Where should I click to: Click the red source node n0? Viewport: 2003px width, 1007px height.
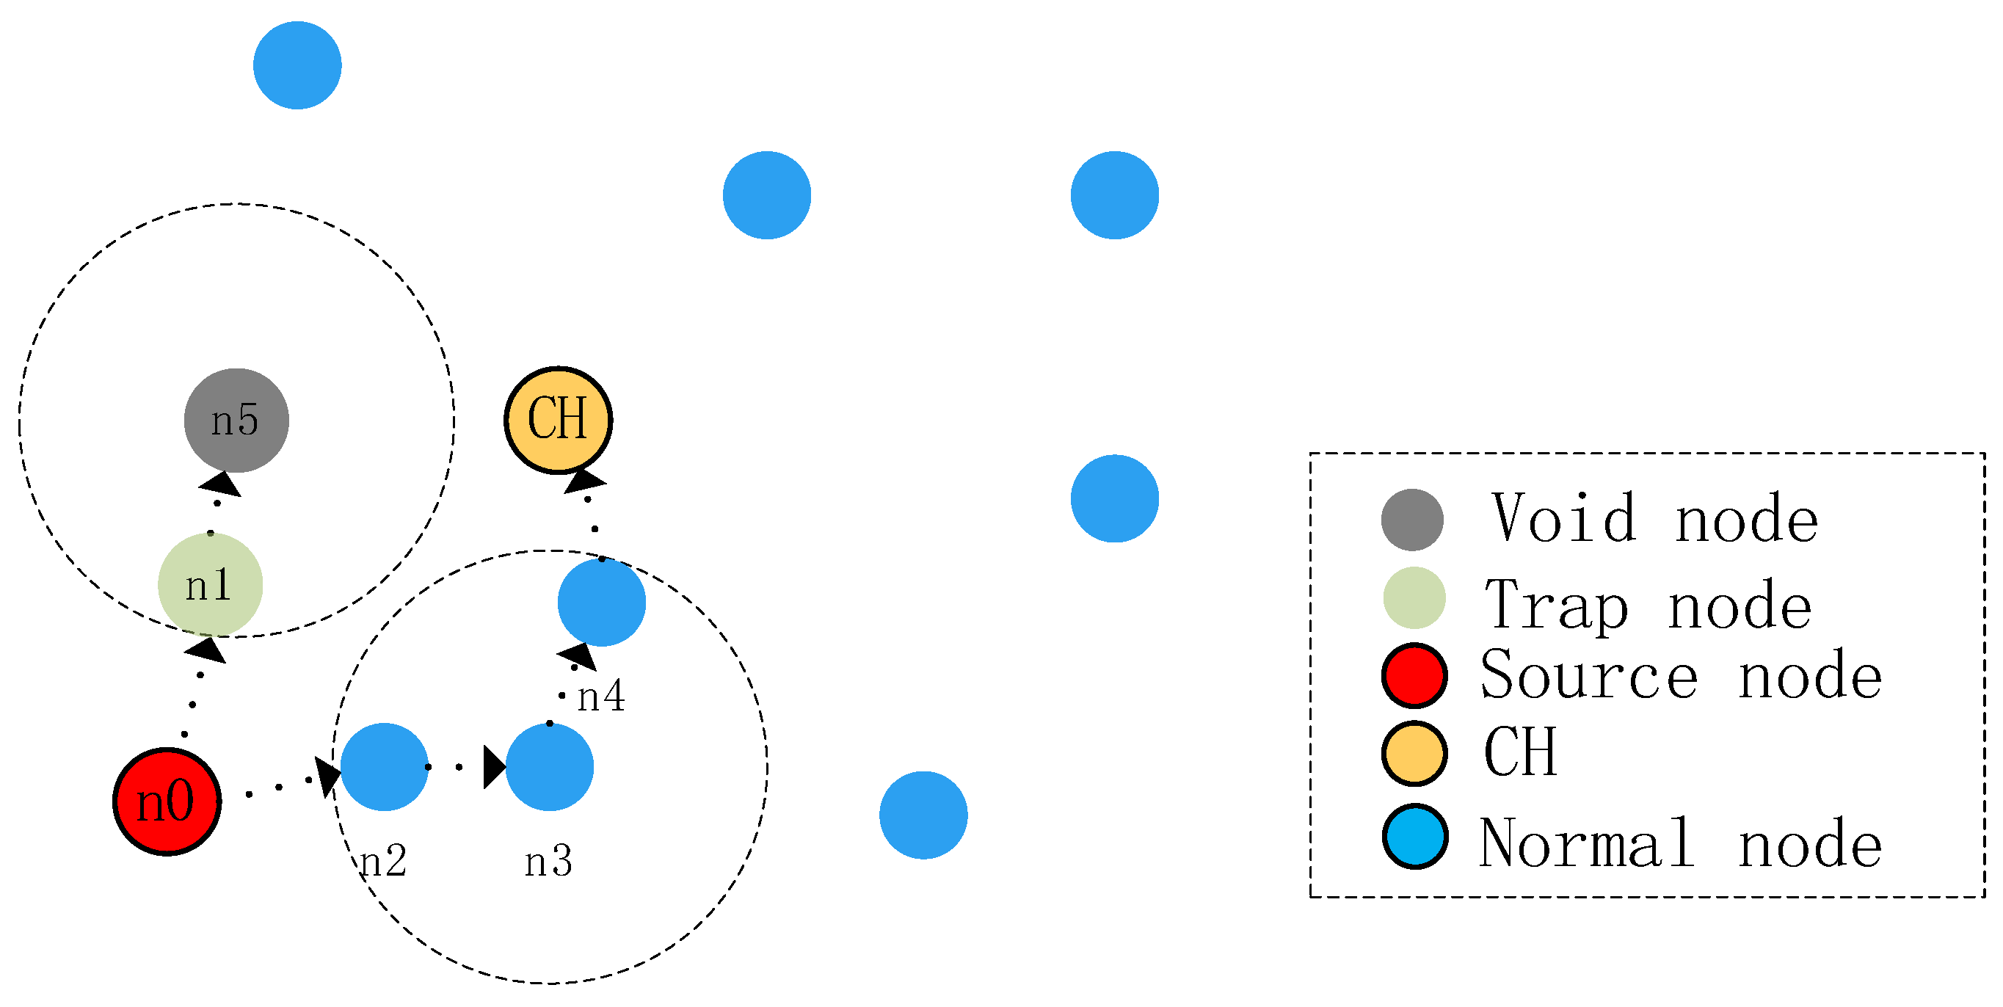click(167, 801)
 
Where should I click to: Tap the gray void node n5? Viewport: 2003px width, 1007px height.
click(236, 420)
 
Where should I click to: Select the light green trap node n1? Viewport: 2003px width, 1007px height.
click(210, 585)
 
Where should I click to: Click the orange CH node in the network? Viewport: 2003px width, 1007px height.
click(559, 420)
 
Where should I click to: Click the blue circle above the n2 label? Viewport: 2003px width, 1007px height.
click(384, 767)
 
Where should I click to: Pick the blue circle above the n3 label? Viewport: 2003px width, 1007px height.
click(550, 767)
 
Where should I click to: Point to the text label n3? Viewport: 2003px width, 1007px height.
click(548, 862)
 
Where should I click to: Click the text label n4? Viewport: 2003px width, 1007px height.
click(601, 696)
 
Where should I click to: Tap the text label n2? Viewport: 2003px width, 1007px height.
click(383, 861)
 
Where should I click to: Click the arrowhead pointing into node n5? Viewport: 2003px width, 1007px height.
click(221, 484)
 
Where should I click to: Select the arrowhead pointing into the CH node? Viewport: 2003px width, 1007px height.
click(584, 480)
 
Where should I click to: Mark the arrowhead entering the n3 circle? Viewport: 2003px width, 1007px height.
click(494, 768)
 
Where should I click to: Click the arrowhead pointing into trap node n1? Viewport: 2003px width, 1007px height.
click(207, 650)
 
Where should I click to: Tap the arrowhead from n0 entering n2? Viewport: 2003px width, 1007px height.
click(328, 774)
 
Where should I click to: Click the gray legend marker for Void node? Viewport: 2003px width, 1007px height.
click(1412, 520)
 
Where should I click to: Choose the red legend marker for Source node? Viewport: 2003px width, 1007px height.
click(1414, 676)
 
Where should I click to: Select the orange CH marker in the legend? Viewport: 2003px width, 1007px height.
click(1414, 753)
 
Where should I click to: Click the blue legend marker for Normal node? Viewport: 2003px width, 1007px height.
click(1414, 837)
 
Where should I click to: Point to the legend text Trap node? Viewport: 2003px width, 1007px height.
click(1648, 604)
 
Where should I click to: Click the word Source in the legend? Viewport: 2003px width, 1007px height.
click(1588, 675)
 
